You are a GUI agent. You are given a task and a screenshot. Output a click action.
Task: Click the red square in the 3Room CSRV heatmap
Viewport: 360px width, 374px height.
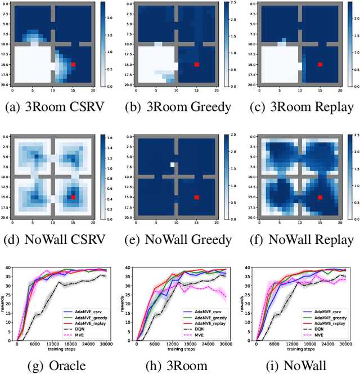[74, 65]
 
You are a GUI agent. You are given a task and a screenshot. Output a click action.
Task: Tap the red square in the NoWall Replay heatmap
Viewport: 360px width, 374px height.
[320, 197]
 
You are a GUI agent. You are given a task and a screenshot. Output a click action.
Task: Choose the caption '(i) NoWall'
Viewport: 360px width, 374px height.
[300, 366]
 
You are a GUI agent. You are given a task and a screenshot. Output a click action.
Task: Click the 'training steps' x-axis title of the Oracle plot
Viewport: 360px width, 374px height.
[61, 350]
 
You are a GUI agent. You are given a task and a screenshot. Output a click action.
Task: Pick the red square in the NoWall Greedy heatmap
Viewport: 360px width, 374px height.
[197, 197]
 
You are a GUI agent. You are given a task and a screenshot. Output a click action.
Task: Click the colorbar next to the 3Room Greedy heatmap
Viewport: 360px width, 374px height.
[226, 44]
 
